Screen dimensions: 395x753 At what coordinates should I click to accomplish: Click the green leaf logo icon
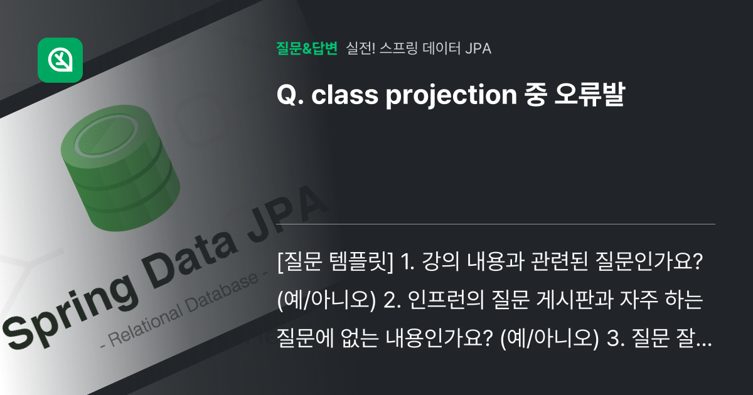60,60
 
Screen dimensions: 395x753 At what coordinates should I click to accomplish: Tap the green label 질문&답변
307,48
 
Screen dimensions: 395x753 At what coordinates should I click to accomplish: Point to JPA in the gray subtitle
478,48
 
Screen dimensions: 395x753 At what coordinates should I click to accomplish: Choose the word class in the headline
337,95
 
